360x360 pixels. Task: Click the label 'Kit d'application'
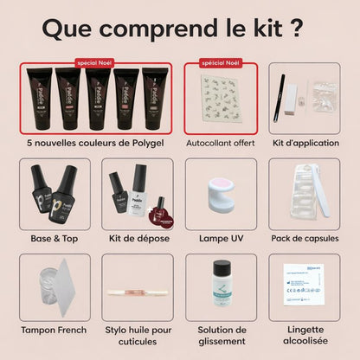(299, 143)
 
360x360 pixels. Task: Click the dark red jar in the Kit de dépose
(160, 211)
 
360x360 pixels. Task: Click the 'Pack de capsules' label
(299, 236)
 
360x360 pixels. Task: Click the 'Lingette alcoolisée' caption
(299, 336)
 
